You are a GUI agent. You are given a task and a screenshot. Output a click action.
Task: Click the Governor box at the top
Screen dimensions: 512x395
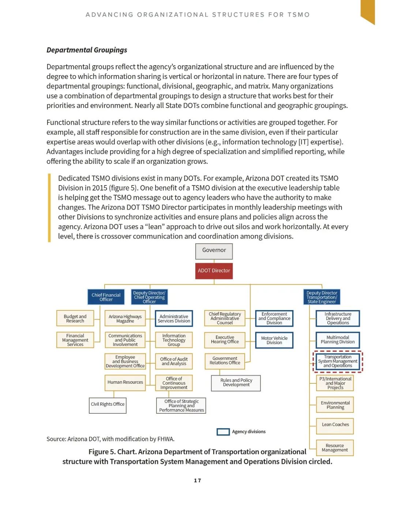pyautogui.click(x=214, y=251)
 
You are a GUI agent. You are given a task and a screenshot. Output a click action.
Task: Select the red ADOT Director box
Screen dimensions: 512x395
pyautogui.click(x=214, y=271)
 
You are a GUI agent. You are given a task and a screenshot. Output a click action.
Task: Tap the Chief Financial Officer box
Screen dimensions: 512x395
pyautogui.click(x=106, y=297)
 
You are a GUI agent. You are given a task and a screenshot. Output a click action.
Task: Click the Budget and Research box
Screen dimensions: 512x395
pyautogui.click(x=75, y=318)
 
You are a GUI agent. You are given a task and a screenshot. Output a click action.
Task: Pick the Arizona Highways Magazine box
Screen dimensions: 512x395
pyautogui.click(x=125, y=318)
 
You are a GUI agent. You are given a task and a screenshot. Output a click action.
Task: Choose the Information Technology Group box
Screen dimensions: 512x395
pyautogui.click(x=174, y=340)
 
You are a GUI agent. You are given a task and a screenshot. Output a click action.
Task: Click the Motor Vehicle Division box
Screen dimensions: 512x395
pyautogui.click(x=274, y=340)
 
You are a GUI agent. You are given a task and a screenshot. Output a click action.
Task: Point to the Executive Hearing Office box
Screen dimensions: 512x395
pyautogui.click(x=225, y=340)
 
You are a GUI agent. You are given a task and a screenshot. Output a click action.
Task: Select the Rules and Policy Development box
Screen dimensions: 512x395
pyautogui.click(x=236, y=383)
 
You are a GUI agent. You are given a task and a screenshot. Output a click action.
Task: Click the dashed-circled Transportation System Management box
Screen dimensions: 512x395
pyautogui.click(x=338, y=361)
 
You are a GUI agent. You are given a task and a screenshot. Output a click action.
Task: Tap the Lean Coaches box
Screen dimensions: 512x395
pyautogui.click(x=335, y=425)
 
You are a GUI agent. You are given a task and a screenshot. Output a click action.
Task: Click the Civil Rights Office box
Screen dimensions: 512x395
pyautogui.click(x=108, y=405)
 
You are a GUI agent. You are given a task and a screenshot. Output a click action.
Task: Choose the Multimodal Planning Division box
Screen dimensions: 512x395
pyautogui.click(x=338, y=340)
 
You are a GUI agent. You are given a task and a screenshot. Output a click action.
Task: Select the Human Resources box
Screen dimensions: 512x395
pyautogui.click(x=125, y=382)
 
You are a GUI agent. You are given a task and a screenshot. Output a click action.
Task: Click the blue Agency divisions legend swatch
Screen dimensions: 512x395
pyautogui.click(x=223, y=432)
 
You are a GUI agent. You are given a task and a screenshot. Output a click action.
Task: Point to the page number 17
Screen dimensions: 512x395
pyautogui.click(x=197, y=480)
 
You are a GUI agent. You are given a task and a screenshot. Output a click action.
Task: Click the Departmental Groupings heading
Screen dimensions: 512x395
pyautogui.click(x=87, y=50)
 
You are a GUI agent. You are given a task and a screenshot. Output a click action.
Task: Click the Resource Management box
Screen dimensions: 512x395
pyautogui.click(x=335, y=447)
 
